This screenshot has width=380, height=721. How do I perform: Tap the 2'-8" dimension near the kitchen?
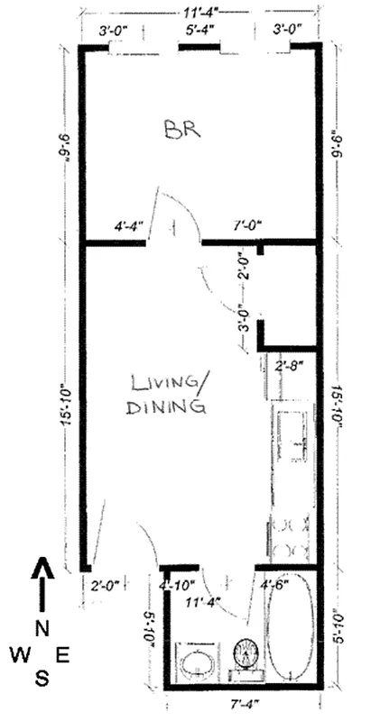(x=289, y=367)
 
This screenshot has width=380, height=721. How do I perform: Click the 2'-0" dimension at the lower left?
(x=107, y=586)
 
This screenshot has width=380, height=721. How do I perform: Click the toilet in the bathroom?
(x=246, y=653)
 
